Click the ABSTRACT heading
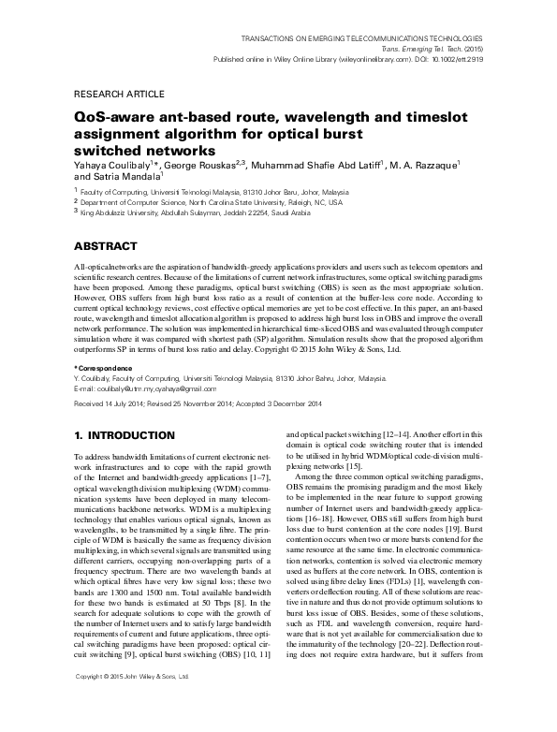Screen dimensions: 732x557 (107, 246)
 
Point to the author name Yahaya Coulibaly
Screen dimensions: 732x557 (113, 165)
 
